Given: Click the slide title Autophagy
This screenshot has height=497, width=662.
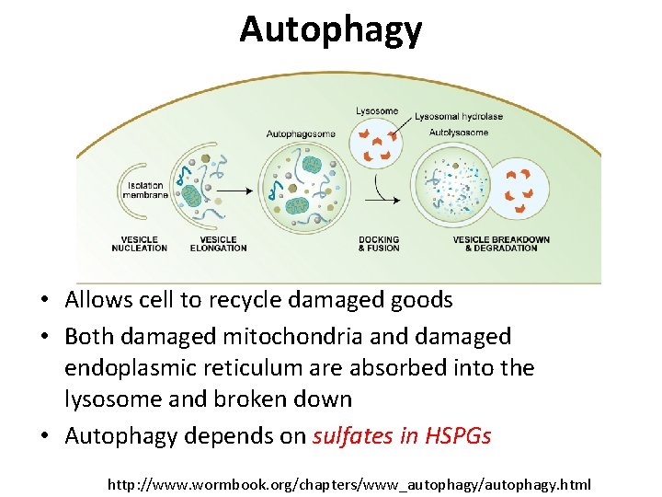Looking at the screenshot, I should pos(331,29).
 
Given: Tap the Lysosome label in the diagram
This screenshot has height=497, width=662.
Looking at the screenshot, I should pos(377,111).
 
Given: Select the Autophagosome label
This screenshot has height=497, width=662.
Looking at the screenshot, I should pos(301,133).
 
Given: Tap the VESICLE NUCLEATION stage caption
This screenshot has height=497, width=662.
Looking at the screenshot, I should pos(140,244).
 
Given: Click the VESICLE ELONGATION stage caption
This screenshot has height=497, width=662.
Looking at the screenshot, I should pos(218,244).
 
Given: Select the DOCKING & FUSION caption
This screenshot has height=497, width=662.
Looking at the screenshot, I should pos(378,244).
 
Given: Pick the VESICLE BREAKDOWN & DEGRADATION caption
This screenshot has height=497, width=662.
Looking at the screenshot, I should pos(501,244).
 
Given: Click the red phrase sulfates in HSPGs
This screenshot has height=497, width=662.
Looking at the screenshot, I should pos(402,435).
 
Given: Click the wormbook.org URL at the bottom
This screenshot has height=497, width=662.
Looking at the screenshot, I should pos(349,483).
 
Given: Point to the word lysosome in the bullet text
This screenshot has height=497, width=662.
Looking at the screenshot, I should pos(108,399).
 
